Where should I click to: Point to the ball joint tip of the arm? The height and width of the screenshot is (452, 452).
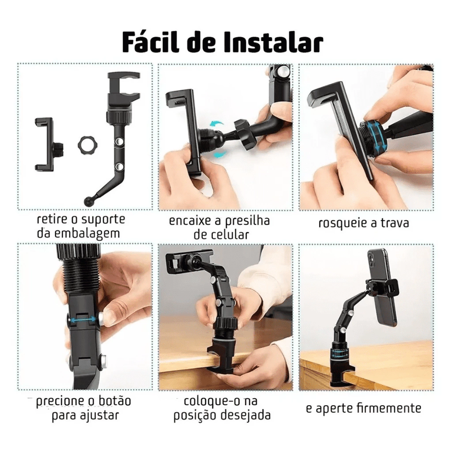pyautogui.click(x=89, y=200)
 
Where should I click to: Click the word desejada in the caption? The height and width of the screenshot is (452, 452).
pyautogui.click(x=245, y=415)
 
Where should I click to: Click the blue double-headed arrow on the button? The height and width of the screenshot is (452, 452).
pyautogui.click(x=83, y=320)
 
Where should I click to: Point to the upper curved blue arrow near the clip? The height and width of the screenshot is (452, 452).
pyautogui.click(x=216, y=124)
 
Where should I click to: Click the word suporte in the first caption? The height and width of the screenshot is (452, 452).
pyautogui.click(x=103, y=220)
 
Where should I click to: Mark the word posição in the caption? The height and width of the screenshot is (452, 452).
pyautogui.click(x=195, y=415)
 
